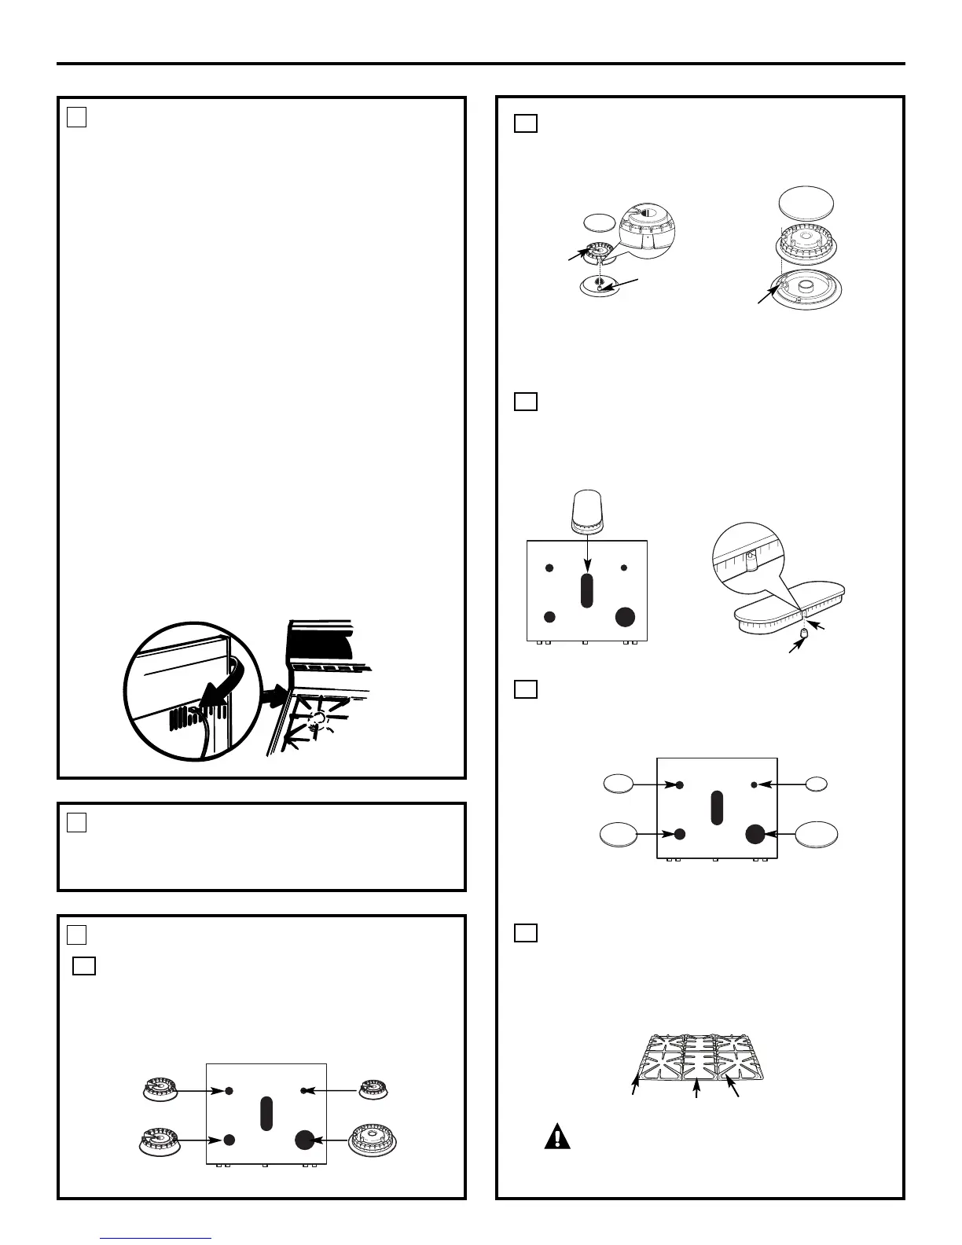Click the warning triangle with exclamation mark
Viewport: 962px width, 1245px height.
pyautogui.click(x=557, y=1137)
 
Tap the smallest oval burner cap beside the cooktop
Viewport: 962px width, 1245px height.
pyautogui.click(x=817, y=784)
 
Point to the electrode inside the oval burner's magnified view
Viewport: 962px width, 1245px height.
pyautogui.click(x=750, y=560)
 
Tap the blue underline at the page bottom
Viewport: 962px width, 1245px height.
pyautogui.click(x=156, y=1238)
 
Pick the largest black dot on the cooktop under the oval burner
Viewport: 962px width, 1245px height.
pyautogui.click(x=625, y=616)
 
